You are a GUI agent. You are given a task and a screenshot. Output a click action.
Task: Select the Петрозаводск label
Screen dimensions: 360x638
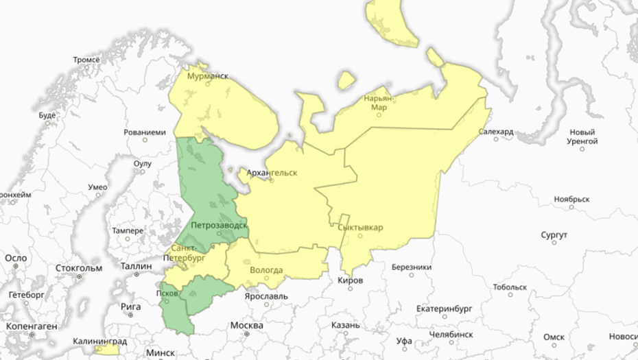(x=219, y=225)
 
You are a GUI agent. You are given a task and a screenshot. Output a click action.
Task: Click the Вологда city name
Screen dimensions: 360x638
(x=266, y=270)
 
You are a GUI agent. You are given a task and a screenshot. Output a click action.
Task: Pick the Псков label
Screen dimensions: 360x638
(x=168, y=293)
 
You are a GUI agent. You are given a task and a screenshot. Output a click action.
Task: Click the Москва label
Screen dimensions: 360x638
(x=247, y=325)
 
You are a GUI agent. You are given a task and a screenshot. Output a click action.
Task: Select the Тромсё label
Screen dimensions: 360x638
(x=86, y=60)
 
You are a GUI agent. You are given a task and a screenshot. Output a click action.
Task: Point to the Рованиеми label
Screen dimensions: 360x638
(x=145, y=132)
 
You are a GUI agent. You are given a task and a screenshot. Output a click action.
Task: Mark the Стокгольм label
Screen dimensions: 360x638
(x=79, y=267)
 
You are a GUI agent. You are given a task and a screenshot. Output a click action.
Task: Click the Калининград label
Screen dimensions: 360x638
(x=100, y=341)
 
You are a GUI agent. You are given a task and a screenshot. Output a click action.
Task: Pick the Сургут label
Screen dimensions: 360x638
(x=554, y=235)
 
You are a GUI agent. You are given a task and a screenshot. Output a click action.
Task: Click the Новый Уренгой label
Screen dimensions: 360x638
(x=584, y=136)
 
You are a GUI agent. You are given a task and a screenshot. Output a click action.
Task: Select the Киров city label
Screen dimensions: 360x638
(x=351, y=280)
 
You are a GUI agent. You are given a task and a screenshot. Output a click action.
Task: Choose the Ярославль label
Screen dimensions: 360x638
(x=266, y=297)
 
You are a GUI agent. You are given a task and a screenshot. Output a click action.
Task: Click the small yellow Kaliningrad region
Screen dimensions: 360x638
(x=107, y=350)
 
